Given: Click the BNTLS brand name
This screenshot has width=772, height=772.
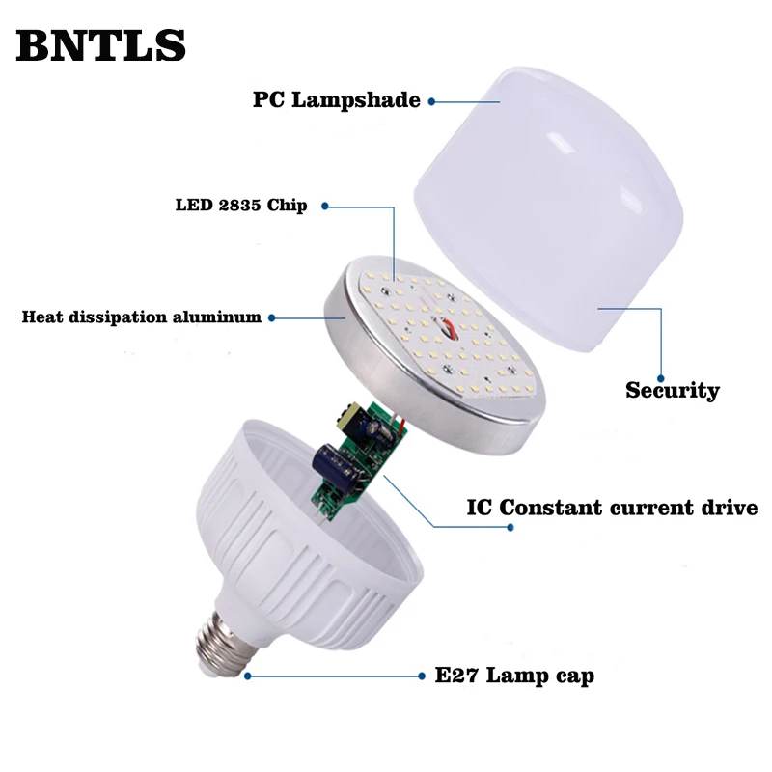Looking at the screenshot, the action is click(x=100, y=44).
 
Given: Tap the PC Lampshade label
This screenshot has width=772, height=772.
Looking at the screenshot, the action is click(x=337, y=100).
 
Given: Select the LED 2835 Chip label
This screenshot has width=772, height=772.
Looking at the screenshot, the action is click(x=241, y=206).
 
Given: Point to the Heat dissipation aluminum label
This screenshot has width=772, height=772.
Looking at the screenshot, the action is click(x=142, y=317).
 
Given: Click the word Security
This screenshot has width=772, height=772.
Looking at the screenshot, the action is click(x=673, y=391).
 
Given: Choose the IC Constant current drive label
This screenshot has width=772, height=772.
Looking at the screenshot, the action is click(x=612, y=508).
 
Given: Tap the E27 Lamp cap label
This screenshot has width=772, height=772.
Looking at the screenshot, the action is click(x=514, y=675).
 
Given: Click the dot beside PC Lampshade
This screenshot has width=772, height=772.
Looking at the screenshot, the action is click(x=431, y=100).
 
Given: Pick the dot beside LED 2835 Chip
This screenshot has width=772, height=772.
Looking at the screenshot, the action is click(x=324, y=206).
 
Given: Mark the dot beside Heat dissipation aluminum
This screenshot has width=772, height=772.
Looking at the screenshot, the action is click(x=272, y=317).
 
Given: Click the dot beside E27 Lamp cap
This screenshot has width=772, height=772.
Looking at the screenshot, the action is click(x=248, y=675).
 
